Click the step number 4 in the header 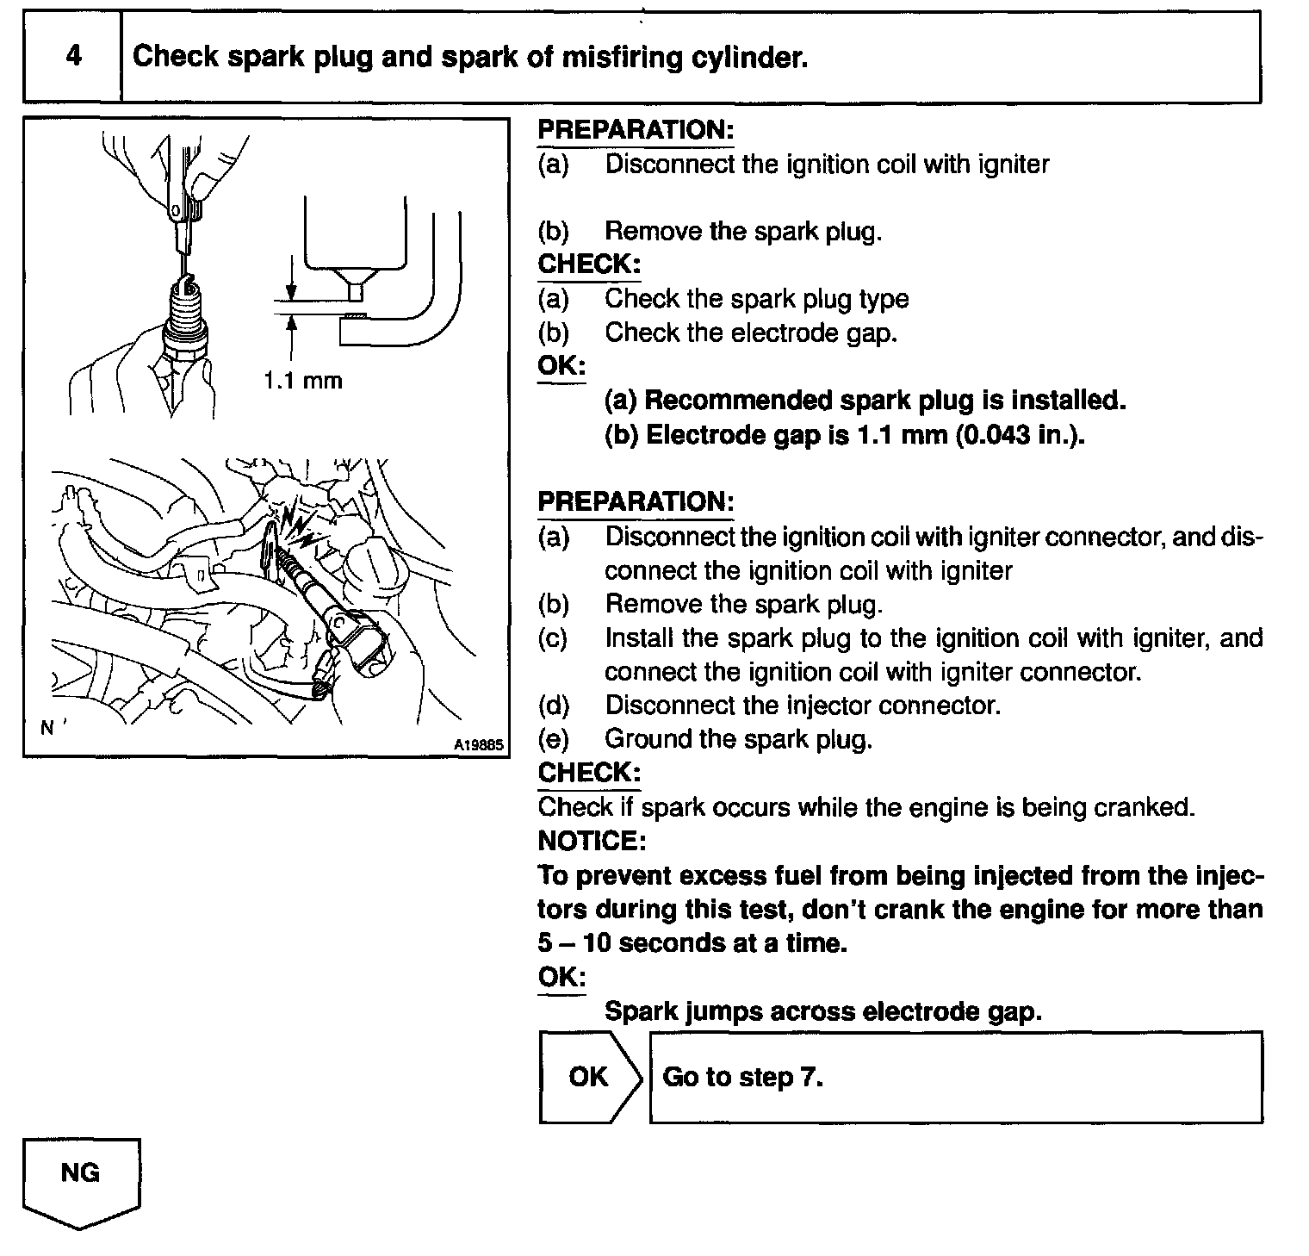73,57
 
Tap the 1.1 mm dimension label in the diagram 302,380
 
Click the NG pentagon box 80,1180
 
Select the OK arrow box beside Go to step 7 590,1077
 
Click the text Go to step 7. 743,1077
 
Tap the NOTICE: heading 591,840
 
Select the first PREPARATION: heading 636,130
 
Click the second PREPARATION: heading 636,501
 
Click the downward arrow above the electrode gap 294,288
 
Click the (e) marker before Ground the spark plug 554,739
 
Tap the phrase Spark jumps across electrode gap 823,1010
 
